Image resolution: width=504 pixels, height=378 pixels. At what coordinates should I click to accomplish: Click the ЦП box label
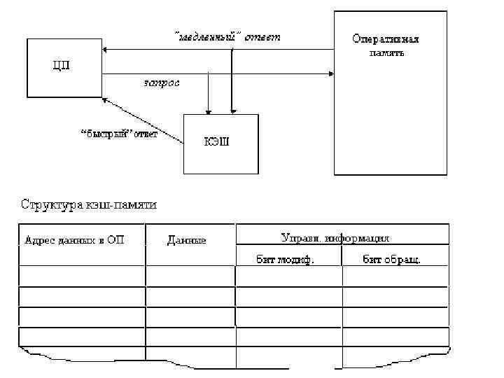click(x=62, y=66)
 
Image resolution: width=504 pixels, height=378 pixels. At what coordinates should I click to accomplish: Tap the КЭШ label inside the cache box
click(x=216, y=142)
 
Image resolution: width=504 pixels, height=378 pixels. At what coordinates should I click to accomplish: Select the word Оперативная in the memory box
click(x=390, y=40)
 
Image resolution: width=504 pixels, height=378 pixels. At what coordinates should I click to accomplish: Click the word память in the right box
click(x=386, y=52)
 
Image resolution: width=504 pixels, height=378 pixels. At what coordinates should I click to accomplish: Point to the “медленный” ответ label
click(x=227, y=37)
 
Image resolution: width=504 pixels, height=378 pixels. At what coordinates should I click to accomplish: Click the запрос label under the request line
click(x=161, y=82)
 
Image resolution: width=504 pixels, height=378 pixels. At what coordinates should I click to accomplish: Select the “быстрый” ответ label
click(x=120, y=134)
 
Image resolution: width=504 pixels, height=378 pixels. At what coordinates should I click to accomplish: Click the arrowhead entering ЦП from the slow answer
click(x=105, y=50)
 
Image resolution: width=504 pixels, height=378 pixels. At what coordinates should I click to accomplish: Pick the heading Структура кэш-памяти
click(x=89, y=205)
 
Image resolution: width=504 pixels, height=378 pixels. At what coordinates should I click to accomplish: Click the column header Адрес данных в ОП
click(x=74, y=240)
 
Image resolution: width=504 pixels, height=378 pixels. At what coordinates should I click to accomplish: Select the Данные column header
click(x=187, y=240)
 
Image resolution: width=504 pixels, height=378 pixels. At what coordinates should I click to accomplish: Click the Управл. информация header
click(x=335, y=238)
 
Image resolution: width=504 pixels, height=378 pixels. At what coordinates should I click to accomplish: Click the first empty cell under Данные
click(x=190, y=276)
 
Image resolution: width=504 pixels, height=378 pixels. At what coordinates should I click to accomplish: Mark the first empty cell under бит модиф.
click(x=288, y=276)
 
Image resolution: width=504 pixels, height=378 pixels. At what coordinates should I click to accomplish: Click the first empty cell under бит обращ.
click(x=395, y=276)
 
